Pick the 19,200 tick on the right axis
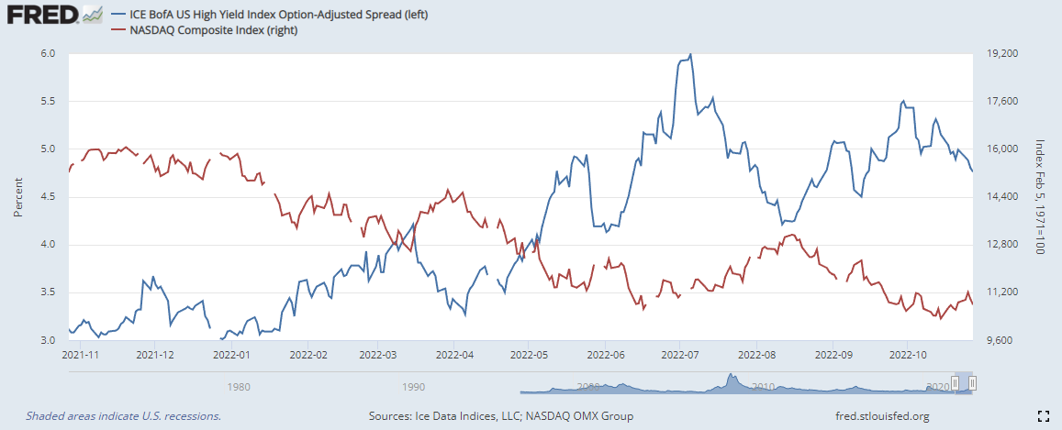[x=998, y=54]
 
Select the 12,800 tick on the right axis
[x=998, y=245]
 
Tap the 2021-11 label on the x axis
[x=81, y=354]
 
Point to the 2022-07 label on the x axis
[x=677, y=354]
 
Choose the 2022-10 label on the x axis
[x=907, y=354]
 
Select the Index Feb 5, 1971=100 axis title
[x=1040, y=197]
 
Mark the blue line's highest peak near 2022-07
[x=690, y=54]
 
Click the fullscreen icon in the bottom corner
[x=1042, y=416]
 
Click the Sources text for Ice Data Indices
[x=501, y=416]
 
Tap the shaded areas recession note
[x=124, y=416]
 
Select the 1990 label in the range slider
[x=412, y=386]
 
